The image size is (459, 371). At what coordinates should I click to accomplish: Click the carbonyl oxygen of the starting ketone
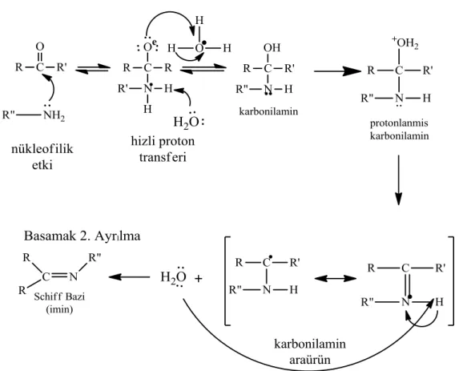pyautogui.click(x=40, y=46)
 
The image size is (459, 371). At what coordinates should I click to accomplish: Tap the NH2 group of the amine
pyautogui.click(x=54, y=115)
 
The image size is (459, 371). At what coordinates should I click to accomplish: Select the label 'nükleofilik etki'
pyautogui.click(x=42, y=157)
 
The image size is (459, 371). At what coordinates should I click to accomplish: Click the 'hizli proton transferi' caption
pyautogui.click(x=163, y=149)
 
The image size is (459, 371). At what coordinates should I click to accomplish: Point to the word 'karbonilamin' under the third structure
pyautogui.click(x=268, y=111)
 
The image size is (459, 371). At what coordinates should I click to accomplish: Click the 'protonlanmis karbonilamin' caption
pyautogui.click(x=399, y=129)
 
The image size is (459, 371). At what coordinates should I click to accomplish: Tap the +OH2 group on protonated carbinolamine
pyautogui.click(x=405, y=43)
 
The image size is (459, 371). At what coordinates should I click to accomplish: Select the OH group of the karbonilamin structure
pyautogui.click(x=272, y=48)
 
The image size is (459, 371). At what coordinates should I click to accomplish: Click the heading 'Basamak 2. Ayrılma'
pyautogui.click(x=82, y=236)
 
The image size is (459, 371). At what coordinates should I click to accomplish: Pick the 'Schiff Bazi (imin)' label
pyautogui.click(x=59, y=303)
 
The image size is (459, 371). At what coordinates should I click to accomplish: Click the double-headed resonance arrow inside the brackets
pyautogui.click(x=336, y=278)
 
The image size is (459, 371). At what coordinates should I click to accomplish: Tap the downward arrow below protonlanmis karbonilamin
pyautogui.click(x=398, y=180)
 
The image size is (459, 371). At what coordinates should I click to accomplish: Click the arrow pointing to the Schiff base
pyautogui.click(x=129, y=276)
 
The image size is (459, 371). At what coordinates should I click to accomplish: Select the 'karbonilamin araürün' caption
pyautogui.click(x=310, y=351)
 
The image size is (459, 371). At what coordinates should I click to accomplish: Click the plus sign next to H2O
pyautogui.click(x=199, y=278)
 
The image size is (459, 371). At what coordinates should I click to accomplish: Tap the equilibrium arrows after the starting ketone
pyautogui.click(x=93, y=69)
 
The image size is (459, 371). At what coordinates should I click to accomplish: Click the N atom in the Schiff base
pyautogui.click(x=74, y=276)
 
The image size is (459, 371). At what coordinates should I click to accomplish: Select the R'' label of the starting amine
pyautogui.click(x=8, y=115)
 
